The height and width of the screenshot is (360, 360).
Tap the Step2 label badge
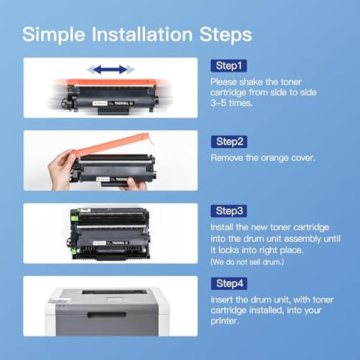tap(228, 142)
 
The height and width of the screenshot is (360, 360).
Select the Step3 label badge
tap(228, 211)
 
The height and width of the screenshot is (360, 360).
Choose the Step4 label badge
tap(228, 283)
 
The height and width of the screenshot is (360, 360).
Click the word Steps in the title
tap(228, 34)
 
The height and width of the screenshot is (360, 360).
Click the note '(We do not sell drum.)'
tap(247, 262)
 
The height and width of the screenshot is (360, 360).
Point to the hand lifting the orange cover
tap(62, 169)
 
